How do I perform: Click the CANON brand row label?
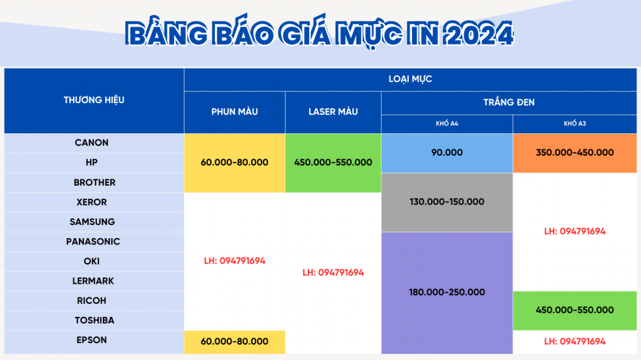pos(91,143)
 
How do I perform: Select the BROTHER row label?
pos(95,182)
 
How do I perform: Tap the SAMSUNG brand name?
pos(92,222)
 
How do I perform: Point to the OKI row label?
pos(91,261)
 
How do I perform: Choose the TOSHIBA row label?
pos(95,321)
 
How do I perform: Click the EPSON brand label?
pos(91,340)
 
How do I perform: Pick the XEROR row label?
pos(91,202)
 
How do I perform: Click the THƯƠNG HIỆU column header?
pos(94,99)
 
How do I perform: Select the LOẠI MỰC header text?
pos(410,79)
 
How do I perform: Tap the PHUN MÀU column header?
pos(235,111)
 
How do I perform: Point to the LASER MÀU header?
pos(333,111)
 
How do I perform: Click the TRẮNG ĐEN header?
pos(509,102)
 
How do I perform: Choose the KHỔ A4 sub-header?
pos(447,123)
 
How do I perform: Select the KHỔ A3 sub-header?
pos(575,123)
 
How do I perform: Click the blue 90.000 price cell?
pos(447,153)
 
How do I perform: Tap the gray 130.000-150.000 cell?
pos(447,202)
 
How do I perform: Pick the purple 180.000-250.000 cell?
pos(447,292)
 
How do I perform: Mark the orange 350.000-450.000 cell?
pos(575,153)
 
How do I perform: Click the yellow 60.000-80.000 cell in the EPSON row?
pos(235,342)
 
